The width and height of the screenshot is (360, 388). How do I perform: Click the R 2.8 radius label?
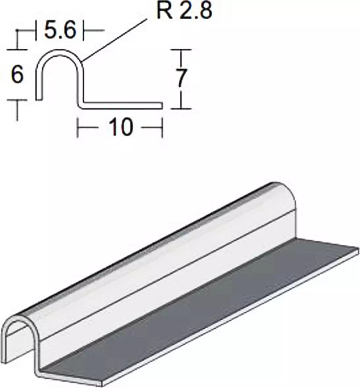(184, 11)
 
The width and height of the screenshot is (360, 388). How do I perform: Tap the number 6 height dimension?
(17, 75)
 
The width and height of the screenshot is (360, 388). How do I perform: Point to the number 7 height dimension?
(181, 79)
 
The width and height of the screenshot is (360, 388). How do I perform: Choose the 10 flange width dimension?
(121, 127)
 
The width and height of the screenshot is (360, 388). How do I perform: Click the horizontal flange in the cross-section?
(122, 105)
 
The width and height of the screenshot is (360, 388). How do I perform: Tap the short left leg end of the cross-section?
(39, 97)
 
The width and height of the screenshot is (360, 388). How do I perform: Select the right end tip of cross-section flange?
(161, 105)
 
